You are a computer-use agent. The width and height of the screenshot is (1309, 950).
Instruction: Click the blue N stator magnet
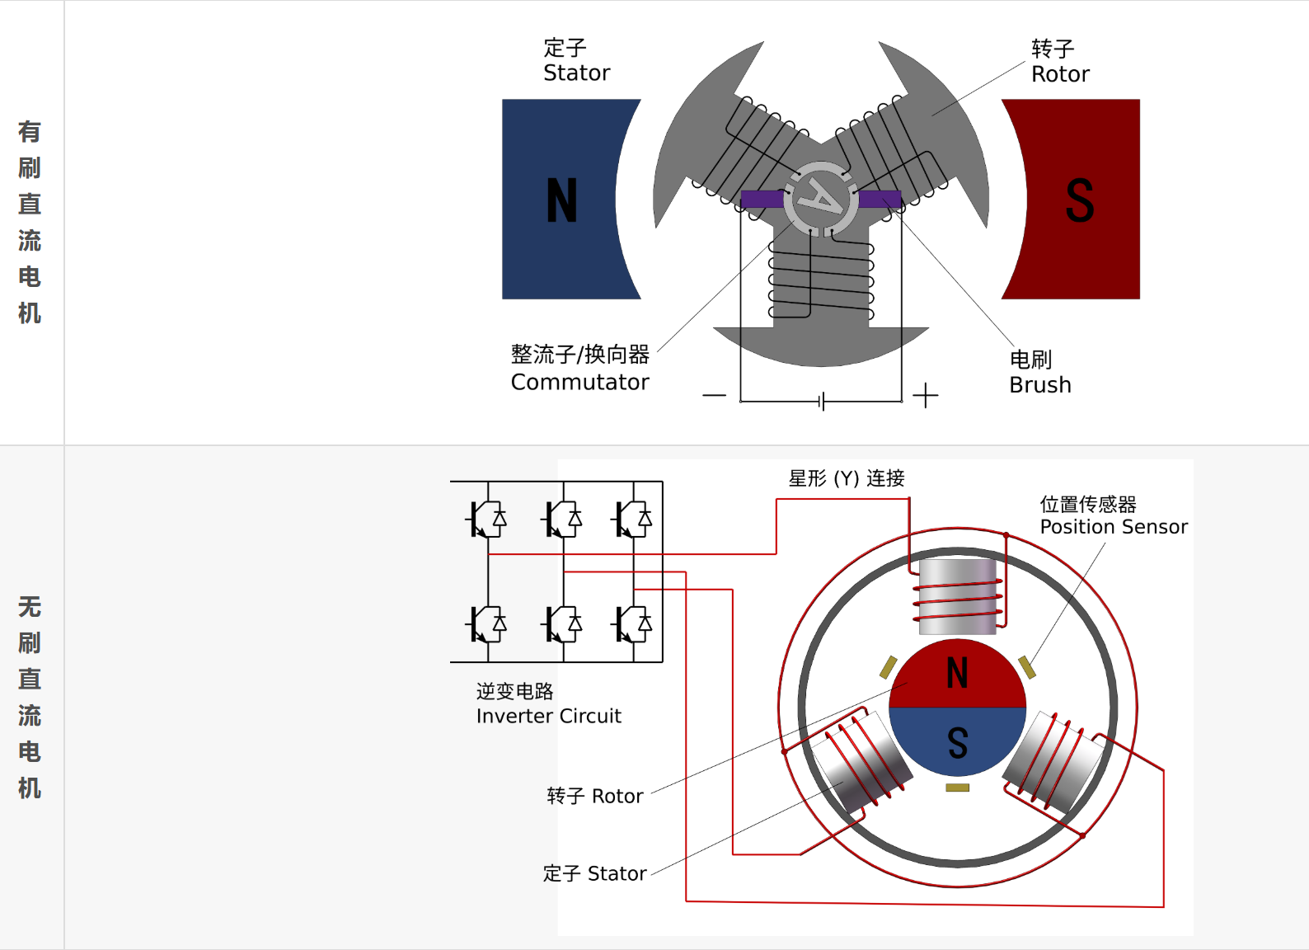tap(561, 200)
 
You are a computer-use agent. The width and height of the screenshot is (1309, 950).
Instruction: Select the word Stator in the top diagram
tap(576, 73)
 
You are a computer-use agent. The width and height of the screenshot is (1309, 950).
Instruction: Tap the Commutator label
tap(579, 383)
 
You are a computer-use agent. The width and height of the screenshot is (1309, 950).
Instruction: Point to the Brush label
tap(1039, 385)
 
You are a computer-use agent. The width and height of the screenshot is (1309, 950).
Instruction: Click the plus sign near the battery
tap(925, 396)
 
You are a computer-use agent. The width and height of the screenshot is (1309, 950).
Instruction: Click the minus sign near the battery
tap(714, 396)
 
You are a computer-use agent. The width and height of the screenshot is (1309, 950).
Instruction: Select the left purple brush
tap(761, 199)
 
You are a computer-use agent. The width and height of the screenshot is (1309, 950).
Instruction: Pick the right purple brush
tap(880, 199)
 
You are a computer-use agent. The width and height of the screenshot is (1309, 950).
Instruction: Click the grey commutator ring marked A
tap(821, 198)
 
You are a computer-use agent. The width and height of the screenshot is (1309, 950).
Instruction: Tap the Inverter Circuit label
tap(548, 716)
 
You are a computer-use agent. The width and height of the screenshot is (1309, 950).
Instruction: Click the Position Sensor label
tap(1113, 527)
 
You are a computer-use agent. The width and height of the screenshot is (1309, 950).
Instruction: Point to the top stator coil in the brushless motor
tap(958, 596)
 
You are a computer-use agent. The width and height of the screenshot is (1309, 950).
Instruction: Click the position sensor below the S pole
tap(957, 788)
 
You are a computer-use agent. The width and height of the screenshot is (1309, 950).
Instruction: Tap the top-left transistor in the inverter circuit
tap(487, 520)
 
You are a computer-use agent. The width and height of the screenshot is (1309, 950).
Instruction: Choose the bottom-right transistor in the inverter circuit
tap(633, 624)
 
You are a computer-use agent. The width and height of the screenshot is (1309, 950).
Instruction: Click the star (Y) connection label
tap(846, 478)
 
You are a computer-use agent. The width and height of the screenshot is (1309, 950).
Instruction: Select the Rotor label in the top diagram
tap(1060, 74)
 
